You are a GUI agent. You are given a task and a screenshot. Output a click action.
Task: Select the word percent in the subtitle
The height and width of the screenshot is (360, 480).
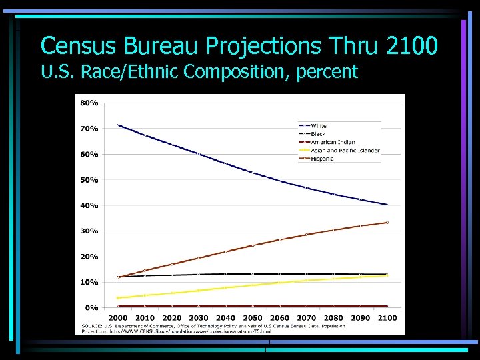pyautogui.click(x=326, y=71)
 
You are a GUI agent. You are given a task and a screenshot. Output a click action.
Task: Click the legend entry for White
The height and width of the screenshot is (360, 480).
pyautogui.click(x=319, y=126)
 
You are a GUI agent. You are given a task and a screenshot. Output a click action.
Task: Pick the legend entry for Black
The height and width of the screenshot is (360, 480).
pyautogui.click(x=318, y=134)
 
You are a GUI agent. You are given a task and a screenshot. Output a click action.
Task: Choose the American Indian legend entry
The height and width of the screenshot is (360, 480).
pyautogui.click(x=333, y=142)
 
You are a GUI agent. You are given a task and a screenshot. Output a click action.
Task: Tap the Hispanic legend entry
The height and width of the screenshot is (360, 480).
pyautogui.click(x=323, y=158)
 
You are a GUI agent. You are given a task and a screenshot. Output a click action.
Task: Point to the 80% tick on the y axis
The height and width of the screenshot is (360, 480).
pyautogui.click(x=89, y=103)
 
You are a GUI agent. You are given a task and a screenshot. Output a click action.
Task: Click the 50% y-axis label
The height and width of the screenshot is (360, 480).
pyautogui.click(x=89, y=180)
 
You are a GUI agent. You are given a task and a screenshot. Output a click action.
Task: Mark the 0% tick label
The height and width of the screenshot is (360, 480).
pyautogui.click(x=91, y=308)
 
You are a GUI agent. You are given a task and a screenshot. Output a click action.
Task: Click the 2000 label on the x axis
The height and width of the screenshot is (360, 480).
pyautogui.click(x=117, y=318)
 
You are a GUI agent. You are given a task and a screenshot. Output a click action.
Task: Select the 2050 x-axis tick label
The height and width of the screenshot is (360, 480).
pyautogui.click(x=253, y=318)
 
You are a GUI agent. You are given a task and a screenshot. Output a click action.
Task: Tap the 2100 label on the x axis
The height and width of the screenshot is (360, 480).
pyautogui.click(x=387, y=318)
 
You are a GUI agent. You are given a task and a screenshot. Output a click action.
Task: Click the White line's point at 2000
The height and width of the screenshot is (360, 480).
pyautogui.click(x=118, y=125)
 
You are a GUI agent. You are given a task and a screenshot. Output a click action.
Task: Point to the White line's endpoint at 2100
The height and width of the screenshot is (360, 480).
pyautogui.click(x=387, y=205)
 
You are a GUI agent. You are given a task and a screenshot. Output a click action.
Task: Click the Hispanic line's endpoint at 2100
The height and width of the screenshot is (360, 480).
pyautogui.click(x=387, y=223)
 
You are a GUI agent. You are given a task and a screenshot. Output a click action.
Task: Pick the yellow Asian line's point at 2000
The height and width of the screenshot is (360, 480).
pyautogui.click(x=118, y=298)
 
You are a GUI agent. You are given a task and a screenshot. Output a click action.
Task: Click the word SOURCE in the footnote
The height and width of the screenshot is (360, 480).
pyautogui.click(x=92, y=325)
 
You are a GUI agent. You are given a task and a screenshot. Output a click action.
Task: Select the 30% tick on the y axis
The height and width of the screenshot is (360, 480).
pyautogui.click(x=89, y=231)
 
